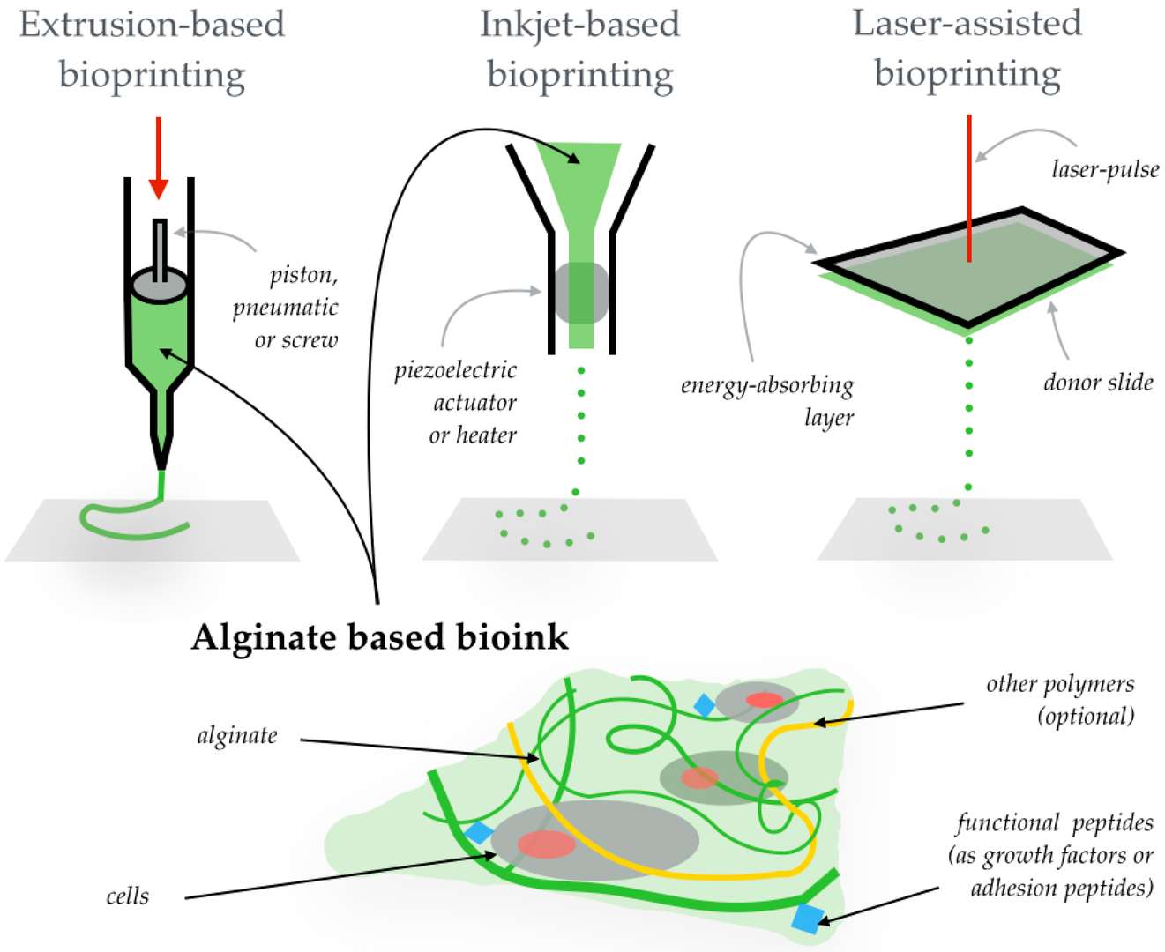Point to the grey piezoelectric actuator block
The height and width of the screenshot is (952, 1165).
click(581, 292)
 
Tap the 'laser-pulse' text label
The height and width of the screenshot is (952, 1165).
click(1105, 168)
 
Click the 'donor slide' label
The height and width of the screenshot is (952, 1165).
click(1098, 382)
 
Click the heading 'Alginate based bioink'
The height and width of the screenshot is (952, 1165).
click(380, 636)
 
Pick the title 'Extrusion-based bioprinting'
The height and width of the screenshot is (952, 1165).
click(152, 49)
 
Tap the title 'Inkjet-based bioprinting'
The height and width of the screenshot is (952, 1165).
click(580, 49)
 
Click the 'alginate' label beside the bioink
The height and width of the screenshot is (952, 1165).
click(237, 735)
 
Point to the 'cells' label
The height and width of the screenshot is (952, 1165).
click(128, 896)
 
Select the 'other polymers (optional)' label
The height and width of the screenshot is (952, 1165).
click(1061, 699)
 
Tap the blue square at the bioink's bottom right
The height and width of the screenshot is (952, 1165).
click(806, 918)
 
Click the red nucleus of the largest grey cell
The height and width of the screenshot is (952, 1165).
click(546, 844)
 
